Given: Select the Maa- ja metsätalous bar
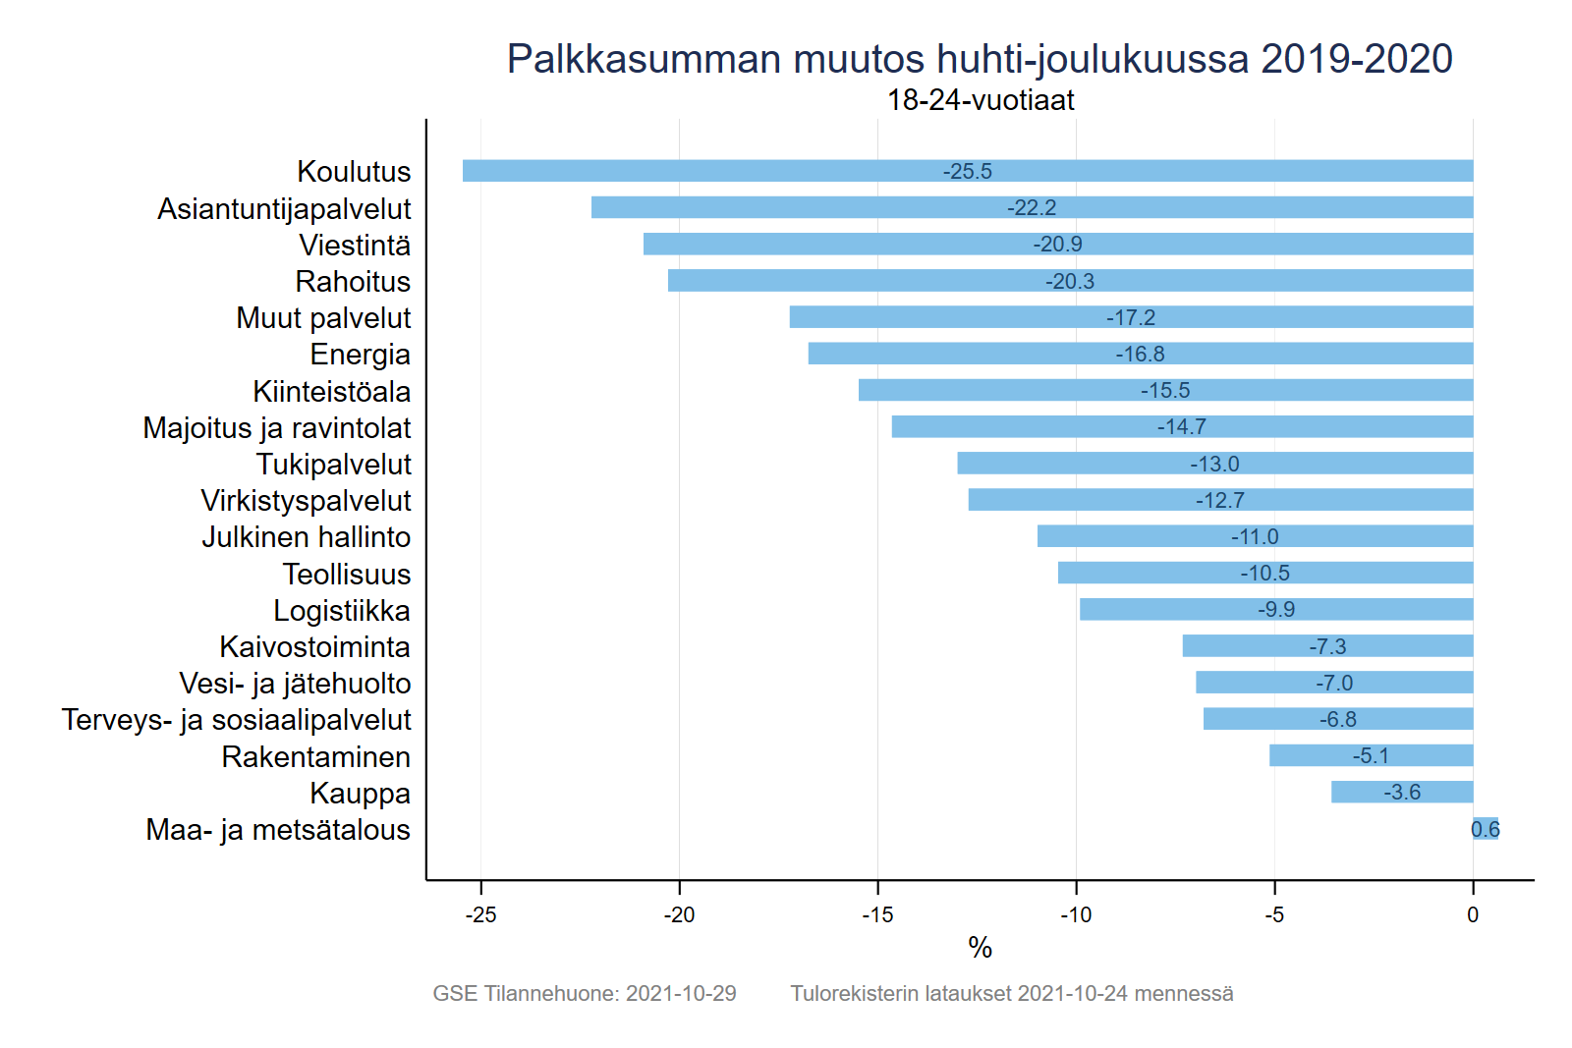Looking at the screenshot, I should pos(1486,829).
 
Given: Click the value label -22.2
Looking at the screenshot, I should pos(1032,207).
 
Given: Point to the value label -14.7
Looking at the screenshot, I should pos(1181,426).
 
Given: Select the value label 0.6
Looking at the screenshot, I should pos(1486,829).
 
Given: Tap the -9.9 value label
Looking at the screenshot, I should pos(1276,609).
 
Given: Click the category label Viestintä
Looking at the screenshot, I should pos(355,245).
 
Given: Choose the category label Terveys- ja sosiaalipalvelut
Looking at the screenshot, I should pos(236,719).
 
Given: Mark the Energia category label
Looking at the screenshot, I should pos(360,354).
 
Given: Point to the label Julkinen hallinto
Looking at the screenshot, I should pos(306,536).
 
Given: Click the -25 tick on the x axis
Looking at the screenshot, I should pos(480,914).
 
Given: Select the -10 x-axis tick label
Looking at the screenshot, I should pos(1076,914).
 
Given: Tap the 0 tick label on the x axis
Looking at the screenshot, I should pos(1472,914).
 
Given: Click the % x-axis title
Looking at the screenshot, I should pos(980,947).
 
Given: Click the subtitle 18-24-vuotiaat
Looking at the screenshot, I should pos(980,99).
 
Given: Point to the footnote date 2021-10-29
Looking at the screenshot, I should pos(681,993).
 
